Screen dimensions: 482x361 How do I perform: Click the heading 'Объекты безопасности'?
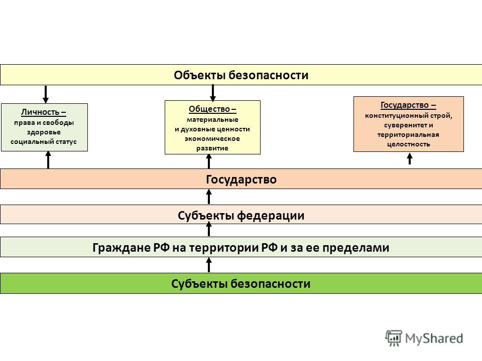tap(241, 75)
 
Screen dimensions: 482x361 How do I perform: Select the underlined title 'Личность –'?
tap(43, 112)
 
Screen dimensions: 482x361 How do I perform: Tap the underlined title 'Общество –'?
tap(212, 109)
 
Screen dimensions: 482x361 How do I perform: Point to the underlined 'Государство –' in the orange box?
tap(408, 105)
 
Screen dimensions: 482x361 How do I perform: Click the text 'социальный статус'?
tap(43, 142)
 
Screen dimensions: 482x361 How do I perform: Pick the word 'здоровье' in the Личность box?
tap(44, 132)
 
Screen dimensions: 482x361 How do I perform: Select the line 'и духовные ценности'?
tap(212, 129)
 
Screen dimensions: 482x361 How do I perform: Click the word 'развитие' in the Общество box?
tap(212, 148)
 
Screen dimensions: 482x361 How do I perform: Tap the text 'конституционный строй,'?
tap(409, 116)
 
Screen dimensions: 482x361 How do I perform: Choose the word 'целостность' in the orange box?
tap(409, 144)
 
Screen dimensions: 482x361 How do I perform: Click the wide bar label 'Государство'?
tap(241, 179)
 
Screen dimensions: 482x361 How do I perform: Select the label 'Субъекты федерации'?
tap(241, 216)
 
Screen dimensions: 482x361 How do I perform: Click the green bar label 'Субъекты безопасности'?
tap(240, 284)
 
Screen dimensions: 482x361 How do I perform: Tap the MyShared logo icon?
tap(394, 338)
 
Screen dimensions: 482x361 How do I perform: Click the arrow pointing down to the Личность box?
tap(46, 94)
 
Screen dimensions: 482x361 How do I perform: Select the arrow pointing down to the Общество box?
tap(212, 93)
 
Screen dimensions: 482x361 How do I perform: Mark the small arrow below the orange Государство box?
tap(410, 159)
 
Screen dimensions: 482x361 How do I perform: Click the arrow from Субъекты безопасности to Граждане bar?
tap(209, 265)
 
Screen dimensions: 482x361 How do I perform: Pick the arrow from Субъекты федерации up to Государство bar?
tap(209, 197)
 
